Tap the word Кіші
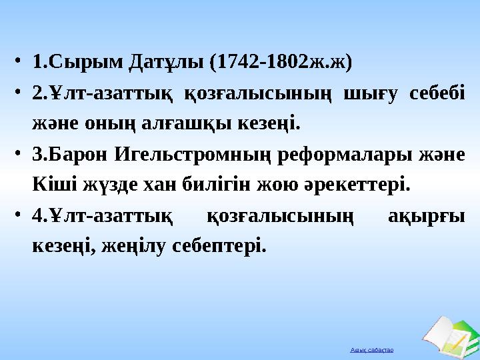coord(51,184)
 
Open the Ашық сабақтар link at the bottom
coord(377,349)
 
